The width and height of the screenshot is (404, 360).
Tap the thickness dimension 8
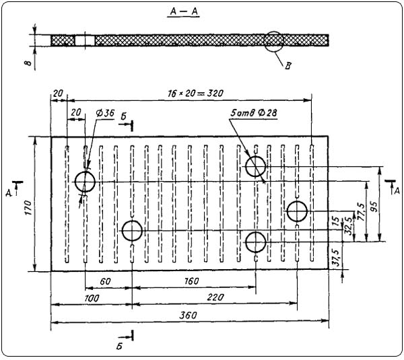pyautogui.click(x=25, y=64)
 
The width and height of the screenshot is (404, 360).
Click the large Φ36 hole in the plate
pyautogui.click(x=86, y=182)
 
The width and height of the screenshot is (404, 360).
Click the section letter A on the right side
pyautogui.click(x=397, y=190)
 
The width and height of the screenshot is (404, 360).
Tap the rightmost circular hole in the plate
pyautogui.click(x=297, y=211)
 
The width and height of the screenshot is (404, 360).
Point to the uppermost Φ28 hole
pyautogui.click(x=256, y=166)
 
